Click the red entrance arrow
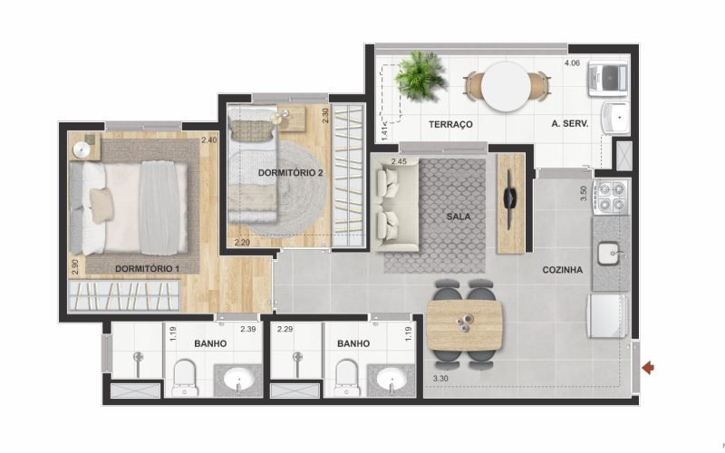(648, 368)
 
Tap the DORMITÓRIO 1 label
(147, 268)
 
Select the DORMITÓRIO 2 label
(290, 173)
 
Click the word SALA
(459, 217)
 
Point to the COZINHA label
(562, 269)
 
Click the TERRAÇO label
(450, 124)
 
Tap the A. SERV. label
(570, 124)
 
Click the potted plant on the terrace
(420, 76)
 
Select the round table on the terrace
(506, 86)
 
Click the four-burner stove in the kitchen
(613, 197)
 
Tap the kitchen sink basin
(611, 254)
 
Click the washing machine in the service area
(607, 80)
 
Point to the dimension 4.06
(572, 63)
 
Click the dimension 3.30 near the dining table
(440, 379)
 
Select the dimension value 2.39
(247, 329)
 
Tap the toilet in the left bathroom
(185, 378)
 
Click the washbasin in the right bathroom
(391, 380)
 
